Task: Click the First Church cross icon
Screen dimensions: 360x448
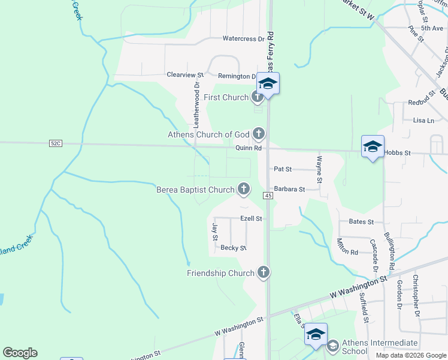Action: (x=258, y=97)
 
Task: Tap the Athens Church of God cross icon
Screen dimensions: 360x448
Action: (x=259, y=133)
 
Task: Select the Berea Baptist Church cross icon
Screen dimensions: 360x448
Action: (x=243, y=190)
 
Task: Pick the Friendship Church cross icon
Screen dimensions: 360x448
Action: (x=262, y=273)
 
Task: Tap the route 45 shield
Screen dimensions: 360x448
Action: (x=268, y=196)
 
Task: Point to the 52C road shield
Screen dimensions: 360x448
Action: (x=55, y=143)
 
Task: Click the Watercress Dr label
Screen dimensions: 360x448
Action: (x=243, y=39)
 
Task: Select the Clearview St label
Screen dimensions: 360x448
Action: (x=185, y=75)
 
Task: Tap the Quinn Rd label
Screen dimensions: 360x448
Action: (x=249, y=148)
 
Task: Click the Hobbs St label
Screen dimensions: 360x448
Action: (x=398, y=153)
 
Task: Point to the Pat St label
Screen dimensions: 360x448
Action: (x=282, y=170)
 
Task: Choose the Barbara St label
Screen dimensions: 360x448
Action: (x=290, y=189)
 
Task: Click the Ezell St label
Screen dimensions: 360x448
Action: (x=251, y=219)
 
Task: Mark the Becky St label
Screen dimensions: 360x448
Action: (x=234, y=248)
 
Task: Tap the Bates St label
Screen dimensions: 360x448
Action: (x=361, y=221)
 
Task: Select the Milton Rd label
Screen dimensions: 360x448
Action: (x=347, y=246)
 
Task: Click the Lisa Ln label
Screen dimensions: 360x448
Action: (x=423, y=120)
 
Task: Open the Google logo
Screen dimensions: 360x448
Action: (x=20, y=353)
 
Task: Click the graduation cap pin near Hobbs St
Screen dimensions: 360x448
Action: (x=372, y=147)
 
